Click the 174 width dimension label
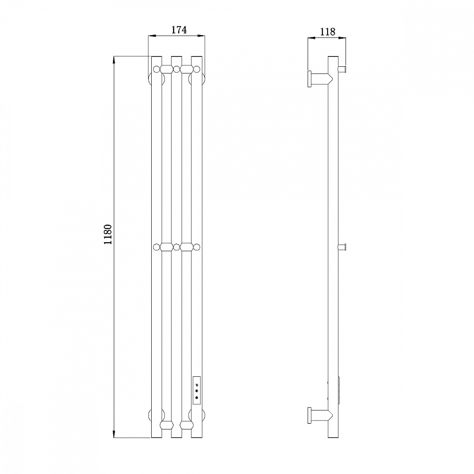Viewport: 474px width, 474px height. pos(179,29)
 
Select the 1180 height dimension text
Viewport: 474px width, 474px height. pos(108,235)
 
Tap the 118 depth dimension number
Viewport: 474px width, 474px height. pos(328,31)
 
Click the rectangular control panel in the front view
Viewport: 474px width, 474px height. pos(197,390)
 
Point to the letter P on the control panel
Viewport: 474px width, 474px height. pos(197,385)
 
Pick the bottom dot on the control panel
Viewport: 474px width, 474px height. pos(197,398)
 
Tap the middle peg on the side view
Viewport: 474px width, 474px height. pos(342,247)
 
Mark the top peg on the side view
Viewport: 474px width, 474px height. pos(342,69)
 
